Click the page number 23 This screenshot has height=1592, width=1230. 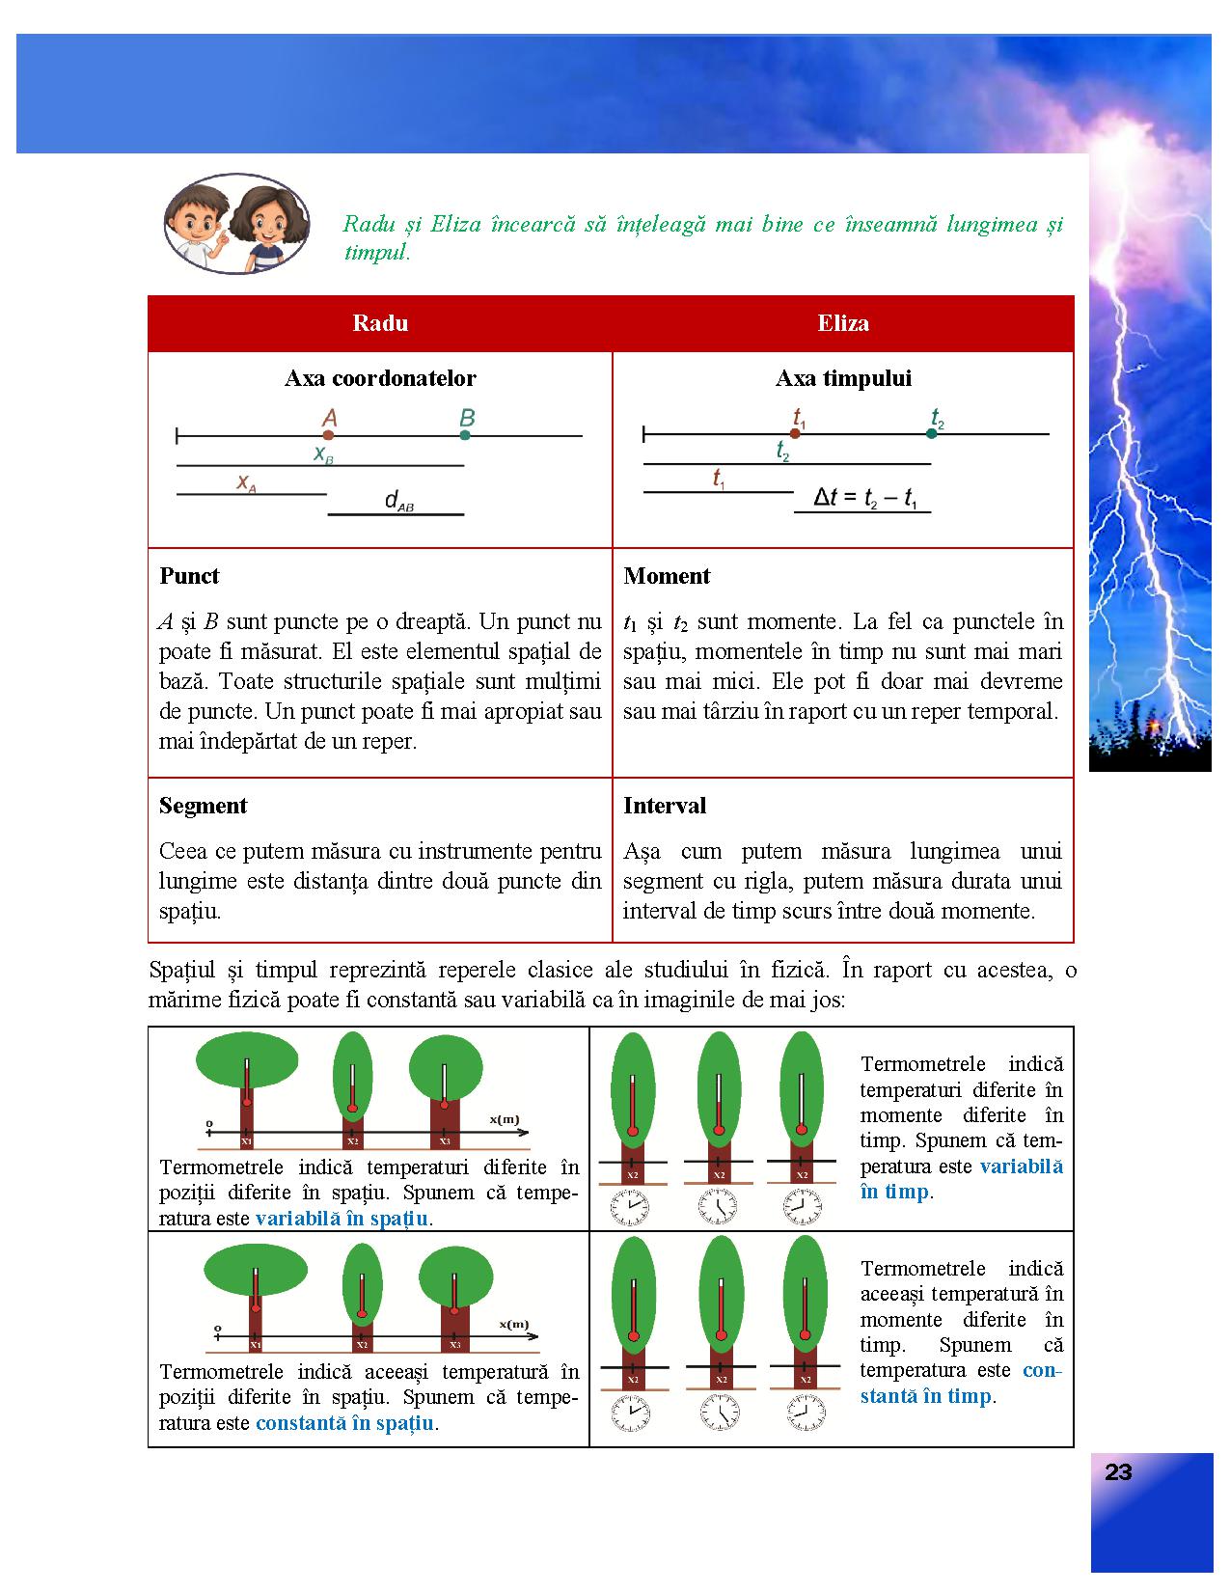[1118, 1472]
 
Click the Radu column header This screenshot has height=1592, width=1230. [380, 323]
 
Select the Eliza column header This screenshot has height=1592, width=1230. [843, 323]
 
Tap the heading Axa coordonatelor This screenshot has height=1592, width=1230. [380, 378]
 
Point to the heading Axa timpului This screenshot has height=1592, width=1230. [843, 378]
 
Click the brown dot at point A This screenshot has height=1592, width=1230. [328, 436]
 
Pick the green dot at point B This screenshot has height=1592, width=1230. [465, 435]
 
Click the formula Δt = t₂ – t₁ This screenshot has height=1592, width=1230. [866, 498]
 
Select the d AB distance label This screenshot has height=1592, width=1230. [398, 501]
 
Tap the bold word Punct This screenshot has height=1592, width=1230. [189, 576]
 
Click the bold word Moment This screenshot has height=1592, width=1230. [667, 576]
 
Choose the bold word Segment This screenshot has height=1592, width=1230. [204, 806]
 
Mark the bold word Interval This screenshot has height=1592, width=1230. [665, 806]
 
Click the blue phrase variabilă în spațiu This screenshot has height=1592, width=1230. [342, 1219]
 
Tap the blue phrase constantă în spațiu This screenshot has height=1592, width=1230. [344, 1423]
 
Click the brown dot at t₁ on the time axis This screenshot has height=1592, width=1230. [795, 433]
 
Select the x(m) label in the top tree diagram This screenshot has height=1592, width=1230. [504, 1119]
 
